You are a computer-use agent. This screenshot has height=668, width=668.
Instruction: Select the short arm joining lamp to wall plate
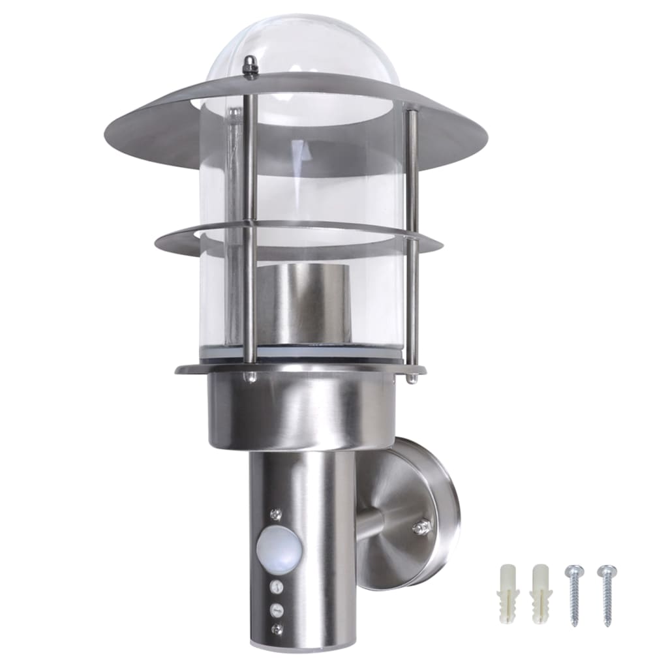coord(372,522)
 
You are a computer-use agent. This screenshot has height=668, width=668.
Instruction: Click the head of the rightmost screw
coord(607,570)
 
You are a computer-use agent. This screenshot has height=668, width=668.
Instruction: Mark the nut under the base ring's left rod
coord(250,377)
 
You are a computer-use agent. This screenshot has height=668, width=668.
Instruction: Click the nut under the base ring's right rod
coord(411,376)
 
